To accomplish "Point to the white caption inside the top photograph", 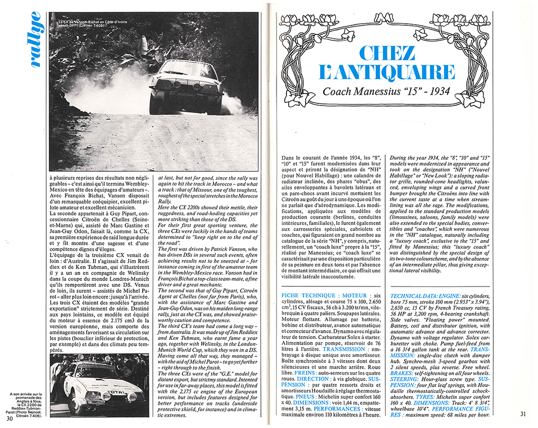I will coord(91,24).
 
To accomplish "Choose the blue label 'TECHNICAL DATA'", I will coord(416,296).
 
